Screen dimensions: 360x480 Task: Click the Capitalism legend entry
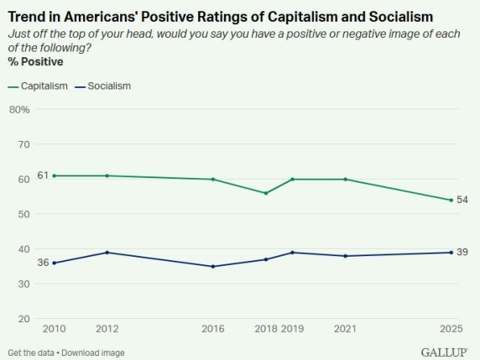tap(38, 86)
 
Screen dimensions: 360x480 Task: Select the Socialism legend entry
tap(103, 86)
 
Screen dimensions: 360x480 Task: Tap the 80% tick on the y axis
tap(19, 110)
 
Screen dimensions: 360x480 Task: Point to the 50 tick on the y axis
tap(22, 214)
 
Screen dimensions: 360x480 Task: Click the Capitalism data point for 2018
tap(265, 193)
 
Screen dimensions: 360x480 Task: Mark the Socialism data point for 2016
tap(212, 267)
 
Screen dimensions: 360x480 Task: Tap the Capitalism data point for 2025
tap(451, 200)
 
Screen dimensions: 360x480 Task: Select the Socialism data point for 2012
tap(107, 253)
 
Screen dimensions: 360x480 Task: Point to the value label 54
tap(462, 200)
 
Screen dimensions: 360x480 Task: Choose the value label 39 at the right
tap(462, 253)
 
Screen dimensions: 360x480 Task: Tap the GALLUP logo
tap(445, 352)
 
